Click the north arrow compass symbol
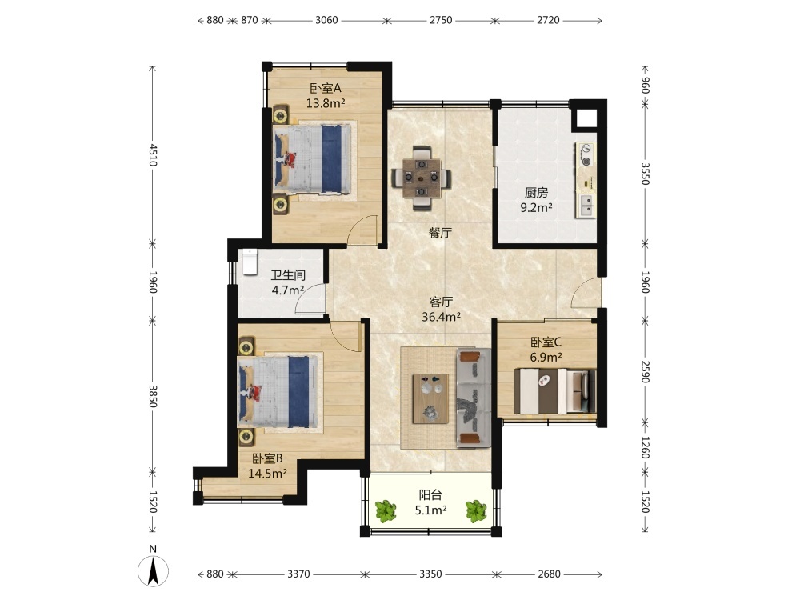[153, 571]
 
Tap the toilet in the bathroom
[250, 262]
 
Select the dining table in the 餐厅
[421, 178]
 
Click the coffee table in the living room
[431, 398]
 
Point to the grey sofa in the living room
[474, 398]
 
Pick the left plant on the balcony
[386, 510]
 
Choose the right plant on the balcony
[475, 510]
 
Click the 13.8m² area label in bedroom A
[326, 103]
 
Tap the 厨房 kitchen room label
[536, 192]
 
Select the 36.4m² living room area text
[442, 317]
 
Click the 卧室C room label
[546, 342]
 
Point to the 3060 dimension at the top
[326, 20]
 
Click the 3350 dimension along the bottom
[430, 574]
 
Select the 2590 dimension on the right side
[645, 371]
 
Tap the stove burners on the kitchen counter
[586, 156]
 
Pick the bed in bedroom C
[554, 391]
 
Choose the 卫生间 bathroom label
[288, 275]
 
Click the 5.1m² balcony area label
[431, 510]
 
